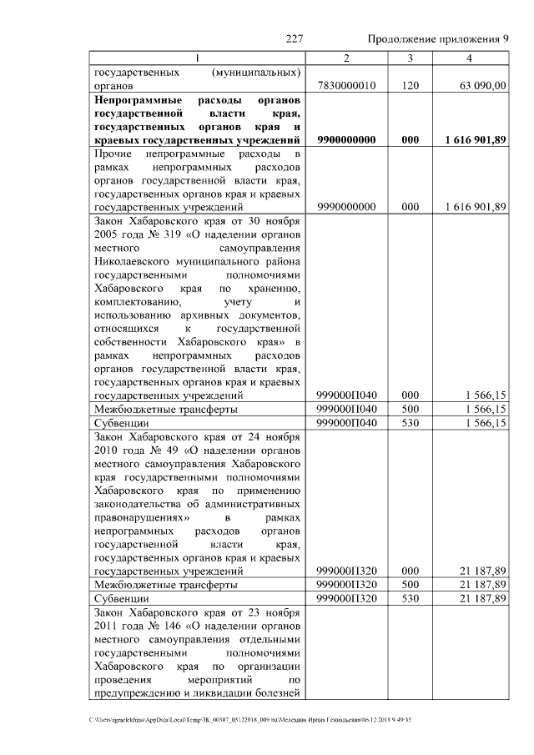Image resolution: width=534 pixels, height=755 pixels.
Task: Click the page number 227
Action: (294, 39)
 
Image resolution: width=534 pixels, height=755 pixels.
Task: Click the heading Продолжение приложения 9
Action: (438, 39)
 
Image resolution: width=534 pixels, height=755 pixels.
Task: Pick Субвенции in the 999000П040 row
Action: (122, 423)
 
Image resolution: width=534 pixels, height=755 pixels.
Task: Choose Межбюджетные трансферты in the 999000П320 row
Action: (166, 585)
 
